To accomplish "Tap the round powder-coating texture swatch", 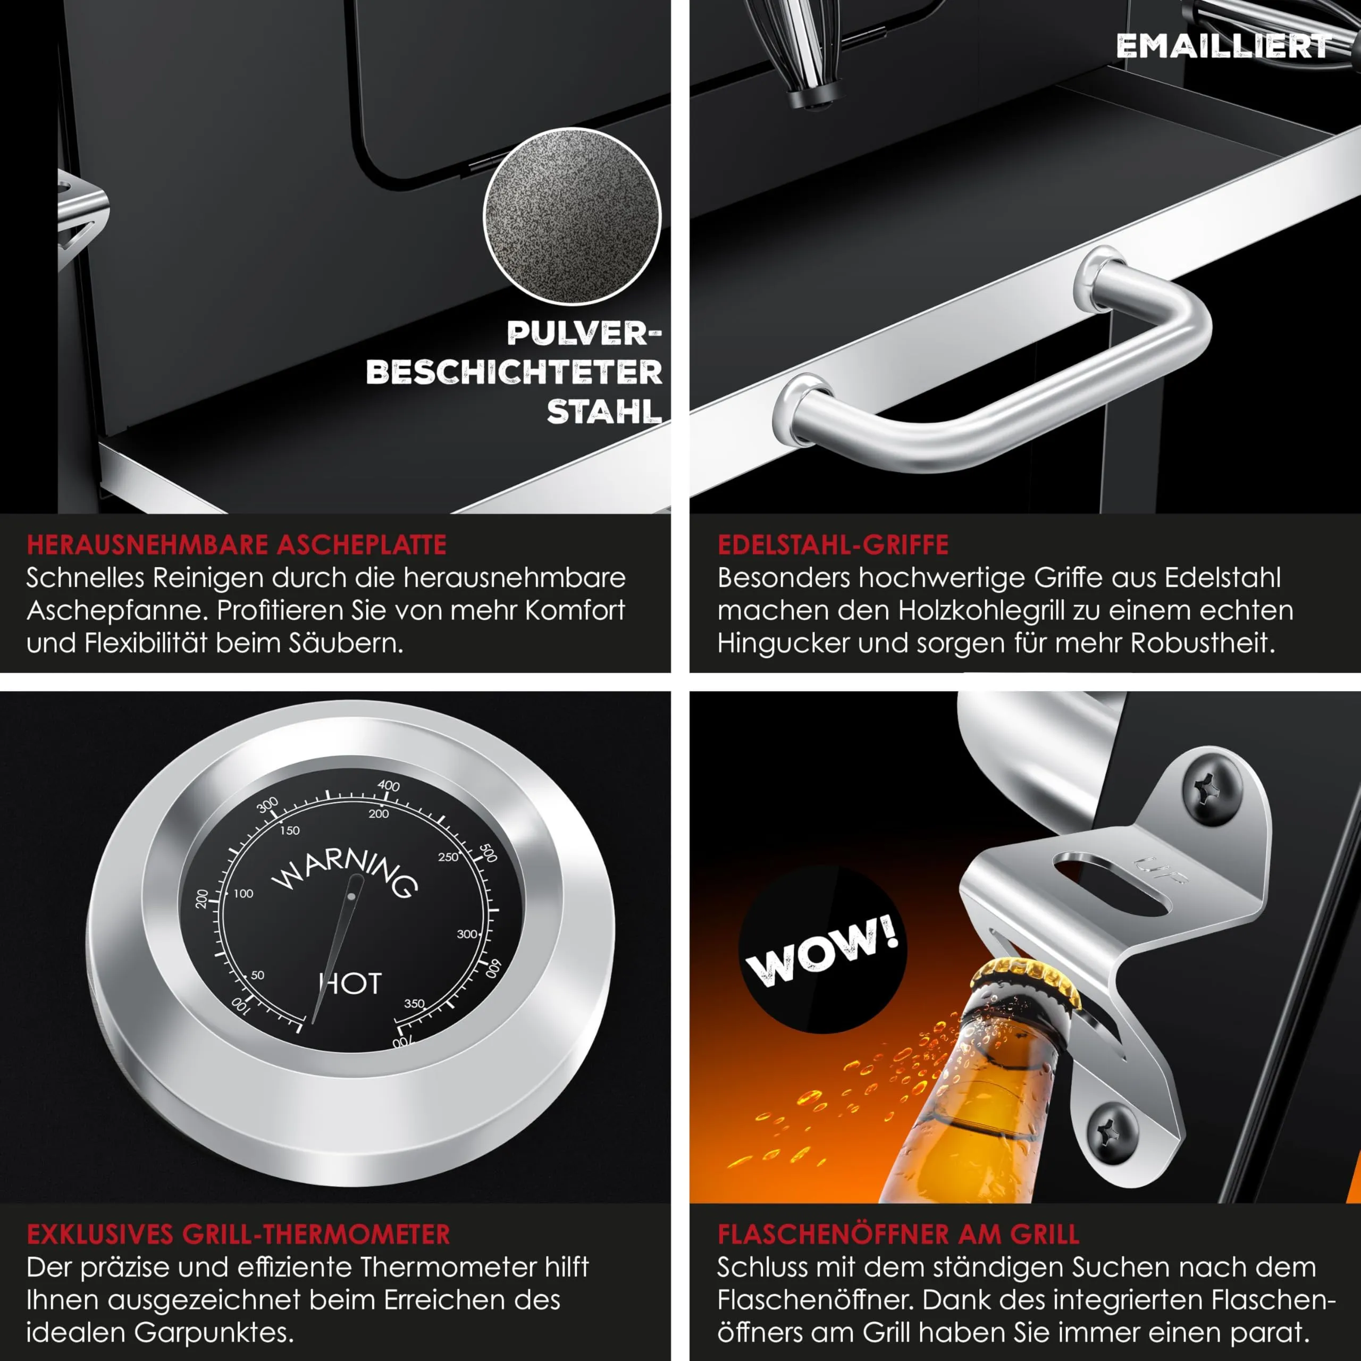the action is pyautogui.click(x=572, y=216).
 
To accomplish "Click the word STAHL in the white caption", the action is pyautogui.click(x=604, y=411).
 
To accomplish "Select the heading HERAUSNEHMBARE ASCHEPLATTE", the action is pyautogui.click(x=237, y=544).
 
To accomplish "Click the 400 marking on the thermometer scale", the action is pyautogui.click(x=388, y=785).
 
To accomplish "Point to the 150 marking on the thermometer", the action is pyautogui.click(x=290, y=830).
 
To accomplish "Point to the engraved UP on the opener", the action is pyautogui.click(x=1161, y=871).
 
